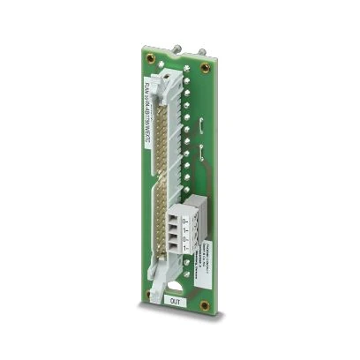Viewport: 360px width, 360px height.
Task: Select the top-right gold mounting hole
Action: (x=206, y=68)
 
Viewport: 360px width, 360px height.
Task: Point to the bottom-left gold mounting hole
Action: (x=158, y=296)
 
